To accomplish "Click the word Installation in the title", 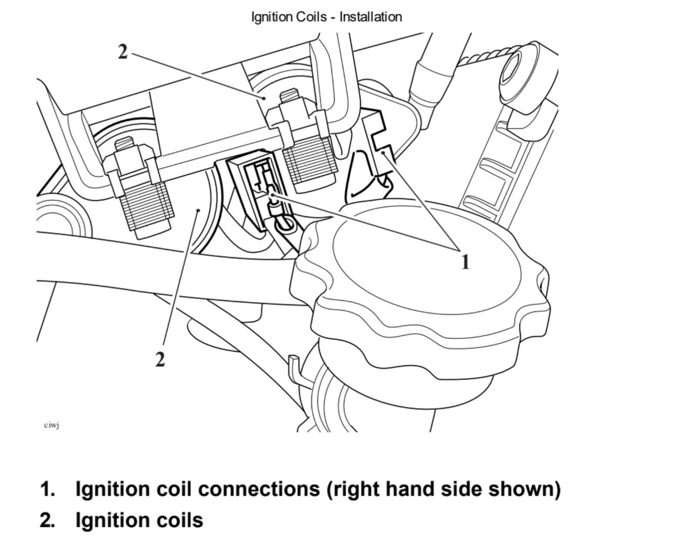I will tap(370, 17).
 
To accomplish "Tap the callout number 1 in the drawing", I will tap(465, 262).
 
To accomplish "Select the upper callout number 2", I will tap(123, 52).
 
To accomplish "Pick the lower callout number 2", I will tap(160, 360).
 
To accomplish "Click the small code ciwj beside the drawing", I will tap(51, 425).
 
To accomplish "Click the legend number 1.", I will tap(47, 489).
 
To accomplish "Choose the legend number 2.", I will tap(47, 520).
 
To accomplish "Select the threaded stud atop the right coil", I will tap(290, 95).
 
